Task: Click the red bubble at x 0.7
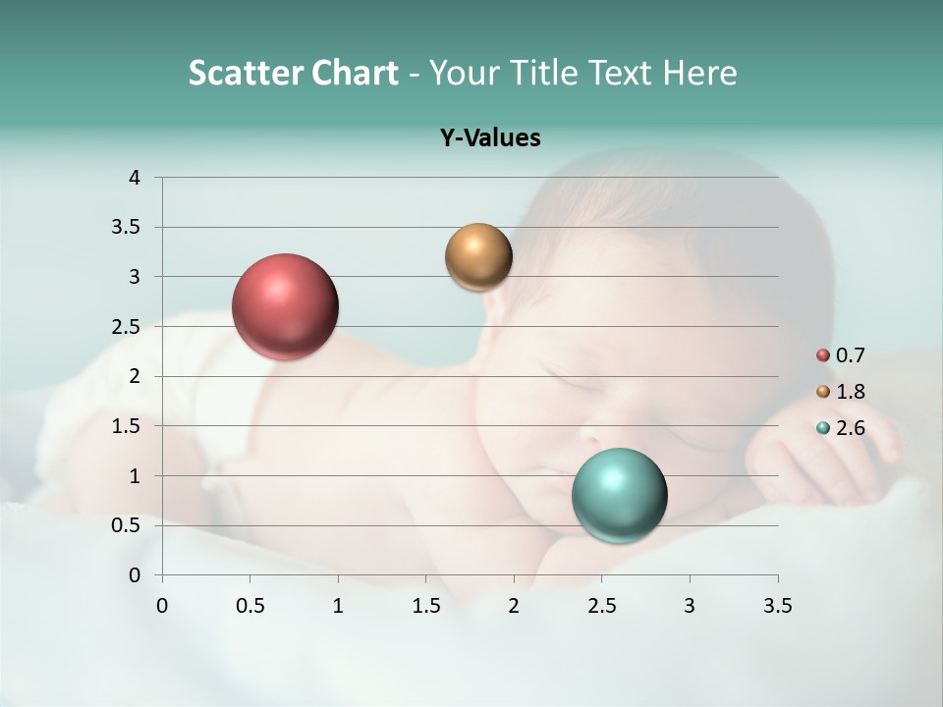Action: tap(285, 306)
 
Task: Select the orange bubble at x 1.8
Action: tap(478, 257)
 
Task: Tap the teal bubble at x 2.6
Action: tap(619, 495)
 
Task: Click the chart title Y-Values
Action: tap(490, 138)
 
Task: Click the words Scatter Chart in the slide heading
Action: tap(293, 73)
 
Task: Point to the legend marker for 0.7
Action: tap(823, 355)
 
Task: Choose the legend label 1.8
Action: tap(850, 392)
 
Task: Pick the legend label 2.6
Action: tap(850, 428)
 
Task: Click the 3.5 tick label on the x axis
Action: tap(777, 606)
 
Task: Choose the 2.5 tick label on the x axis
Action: tap(601, 606)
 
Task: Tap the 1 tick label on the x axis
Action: tap(338, 606)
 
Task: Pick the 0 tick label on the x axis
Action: tap(162, 606)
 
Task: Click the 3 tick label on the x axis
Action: tap(690, 606)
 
